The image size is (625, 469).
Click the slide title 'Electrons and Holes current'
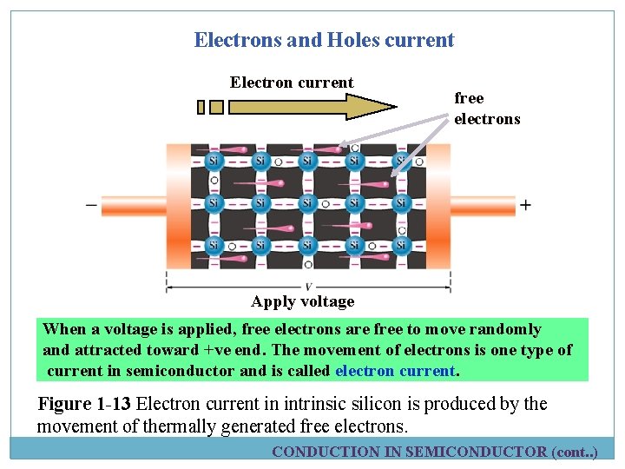[324, 40]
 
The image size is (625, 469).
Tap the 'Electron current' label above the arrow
[291, 83]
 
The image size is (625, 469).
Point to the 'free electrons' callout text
[486, 109]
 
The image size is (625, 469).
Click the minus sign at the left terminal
[91, 206]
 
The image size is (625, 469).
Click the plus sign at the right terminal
[525, 206]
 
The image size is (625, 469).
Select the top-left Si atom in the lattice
[214, 161]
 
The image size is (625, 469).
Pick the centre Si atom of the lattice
[307, 203]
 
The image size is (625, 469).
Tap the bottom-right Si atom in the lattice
[401, 246]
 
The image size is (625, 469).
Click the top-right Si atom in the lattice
[401, 161]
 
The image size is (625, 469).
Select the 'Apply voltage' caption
[303, 301]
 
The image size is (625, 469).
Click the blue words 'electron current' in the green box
[395, 371]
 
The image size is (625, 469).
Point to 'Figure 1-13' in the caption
[85, 404]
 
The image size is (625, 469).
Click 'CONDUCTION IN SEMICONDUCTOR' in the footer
[410, 452]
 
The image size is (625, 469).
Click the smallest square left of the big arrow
[201, 107]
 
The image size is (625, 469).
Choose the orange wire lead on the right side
[482, 206]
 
